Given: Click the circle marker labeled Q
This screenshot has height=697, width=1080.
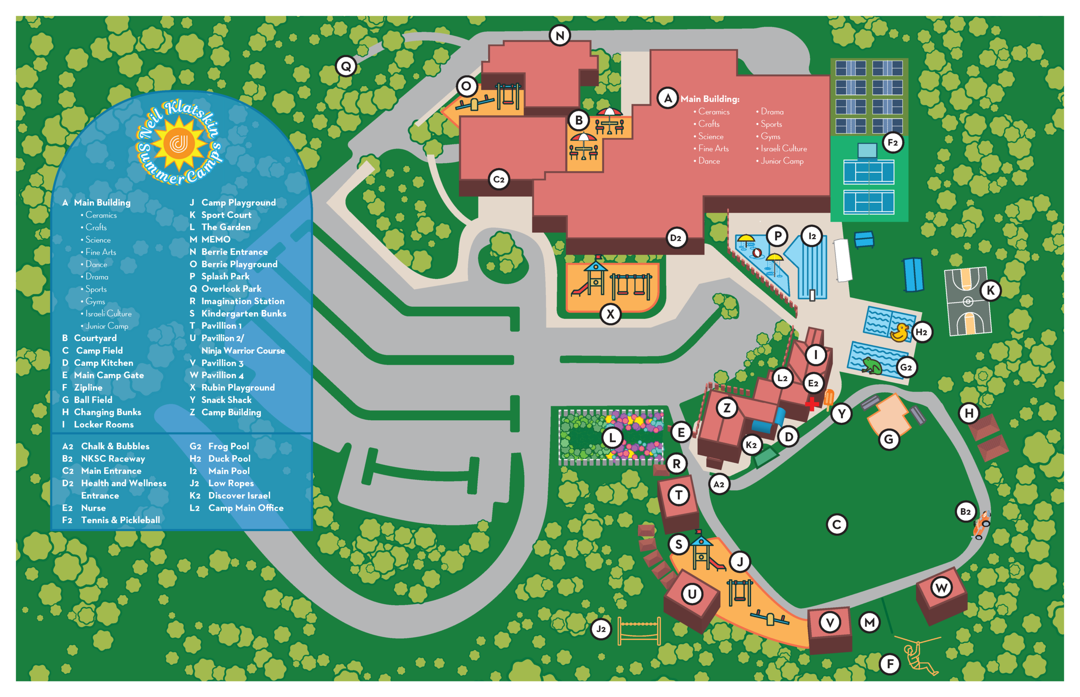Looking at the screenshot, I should pos(346,67).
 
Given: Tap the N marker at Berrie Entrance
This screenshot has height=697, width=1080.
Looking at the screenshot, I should pos(560,35).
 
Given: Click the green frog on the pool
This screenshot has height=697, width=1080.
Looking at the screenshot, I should pos(872,365).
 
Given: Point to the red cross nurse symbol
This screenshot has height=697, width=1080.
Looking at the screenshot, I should pos(812,404).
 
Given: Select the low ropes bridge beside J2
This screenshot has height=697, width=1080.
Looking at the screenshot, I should pos(639,631).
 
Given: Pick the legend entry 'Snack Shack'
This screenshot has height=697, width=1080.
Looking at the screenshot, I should pos(226,400).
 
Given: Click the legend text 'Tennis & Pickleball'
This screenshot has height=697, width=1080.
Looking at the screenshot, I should pos(120,520).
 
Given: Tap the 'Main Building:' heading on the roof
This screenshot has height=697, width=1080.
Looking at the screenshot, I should pos(710,99).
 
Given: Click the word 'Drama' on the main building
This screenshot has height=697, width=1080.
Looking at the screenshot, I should pos(772,111).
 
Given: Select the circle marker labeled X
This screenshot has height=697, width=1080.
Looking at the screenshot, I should pos(610,314).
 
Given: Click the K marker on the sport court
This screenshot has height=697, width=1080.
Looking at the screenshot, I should pos(991,291).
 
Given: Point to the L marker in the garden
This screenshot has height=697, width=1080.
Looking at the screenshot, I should pos(612,438).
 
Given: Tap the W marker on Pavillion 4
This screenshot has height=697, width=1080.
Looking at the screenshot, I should pos(942,588).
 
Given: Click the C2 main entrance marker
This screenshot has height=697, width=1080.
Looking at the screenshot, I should pos(499,180).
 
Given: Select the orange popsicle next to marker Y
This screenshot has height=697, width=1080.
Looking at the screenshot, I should pos(829,399).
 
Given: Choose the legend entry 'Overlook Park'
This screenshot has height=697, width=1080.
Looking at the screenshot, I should pos(231,289).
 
